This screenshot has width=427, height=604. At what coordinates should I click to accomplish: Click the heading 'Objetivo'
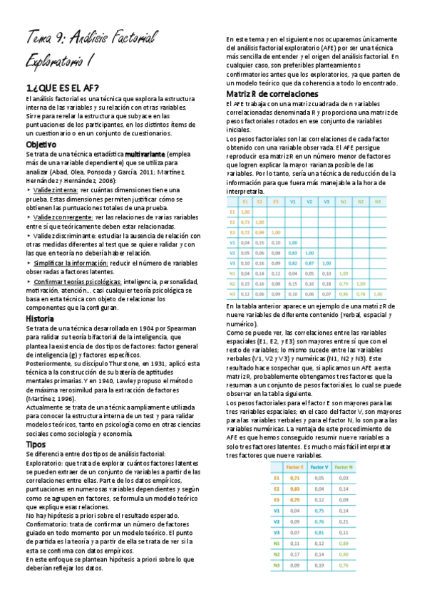41,144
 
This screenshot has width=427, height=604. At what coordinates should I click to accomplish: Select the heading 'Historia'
39,318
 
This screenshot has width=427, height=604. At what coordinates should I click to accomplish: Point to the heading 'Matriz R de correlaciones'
272,93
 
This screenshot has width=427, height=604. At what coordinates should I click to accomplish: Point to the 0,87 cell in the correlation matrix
310,263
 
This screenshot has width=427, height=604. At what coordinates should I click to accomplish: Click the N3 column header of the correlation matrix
377,202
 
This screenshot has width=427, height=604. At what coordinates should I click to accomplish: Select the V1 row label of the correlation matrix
232,242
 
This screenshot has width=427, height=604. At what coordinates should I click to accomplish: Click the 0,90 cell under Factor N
343,553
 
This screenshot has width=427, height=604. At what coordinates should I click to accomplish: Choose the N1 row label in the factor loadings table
277,543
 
